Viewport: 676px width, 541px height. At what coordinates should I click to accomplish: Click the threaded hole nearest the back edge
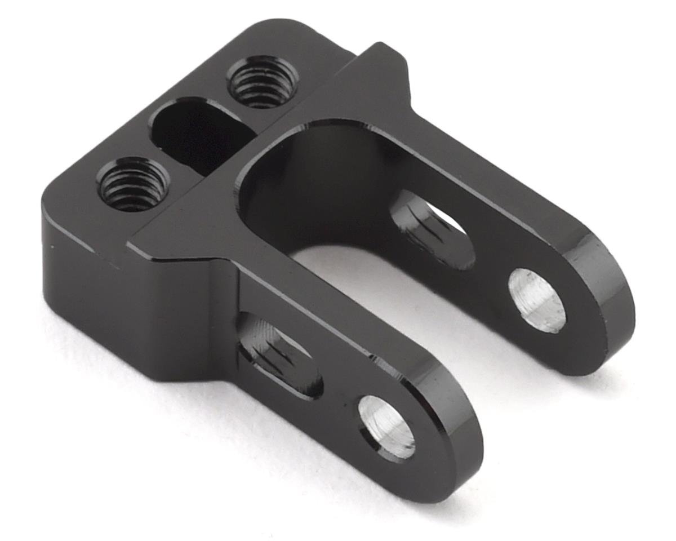tap(262, 82)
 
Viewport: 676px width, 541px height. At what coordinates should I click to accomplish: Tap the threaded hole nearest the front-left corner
tap(133, 184)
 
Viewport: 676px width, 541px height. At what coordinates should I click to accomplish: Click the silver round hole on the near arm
tap(387, 426)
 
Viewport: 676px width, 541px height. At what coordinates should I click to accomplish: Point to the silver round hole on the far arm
tap(537, 300)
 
